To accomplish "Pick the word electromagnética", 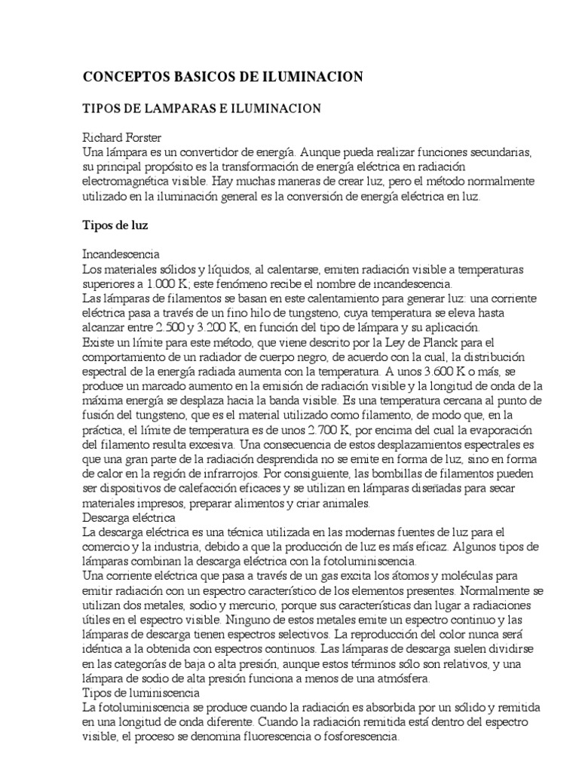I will click(125, 182).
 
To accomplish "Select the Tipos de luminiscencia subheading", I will click(140, 692).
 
